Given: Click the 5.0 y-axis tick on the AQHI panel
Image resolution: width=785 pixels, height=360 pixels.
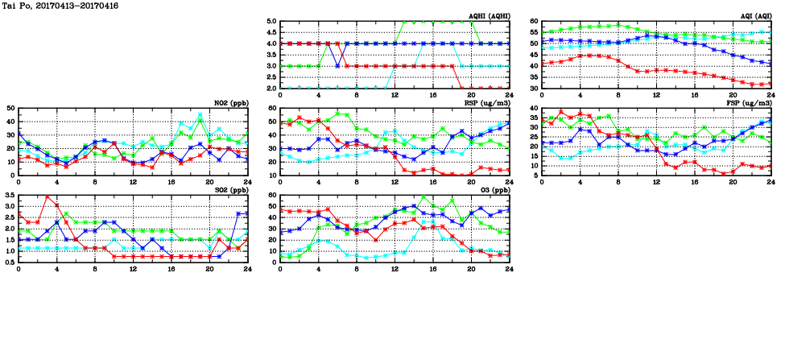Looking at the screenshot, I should coord(271,22).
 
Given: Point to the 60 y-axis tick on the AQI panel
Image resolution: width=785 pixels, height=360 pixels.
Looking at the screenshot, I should coord(535,22).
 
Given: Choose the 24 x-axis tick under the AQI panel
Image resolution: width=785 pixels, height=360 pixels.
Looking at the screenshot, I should coord(771,94).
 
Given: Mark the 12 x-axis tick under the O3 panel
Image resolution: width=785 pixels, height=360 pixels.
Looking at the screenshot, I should coord(395,269).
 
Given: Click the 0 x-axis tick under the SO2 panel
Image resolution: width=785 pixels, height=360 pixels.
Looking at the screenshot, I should coord(19,269).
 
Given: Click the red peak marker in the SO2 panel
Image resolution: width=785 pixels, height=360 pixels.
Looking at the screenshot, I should coord(48,197).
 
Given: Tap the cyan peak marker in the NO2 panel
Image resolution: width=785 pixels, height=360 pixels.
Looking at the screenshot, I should coord(200,115).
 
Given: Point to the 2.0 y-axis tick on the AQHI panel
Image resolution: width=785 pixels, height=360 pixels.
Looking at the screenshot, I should coord(271,88).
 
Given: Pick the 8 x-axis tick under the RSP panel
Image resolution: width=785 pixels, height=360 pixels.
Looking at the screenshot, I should coord(357,181).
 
